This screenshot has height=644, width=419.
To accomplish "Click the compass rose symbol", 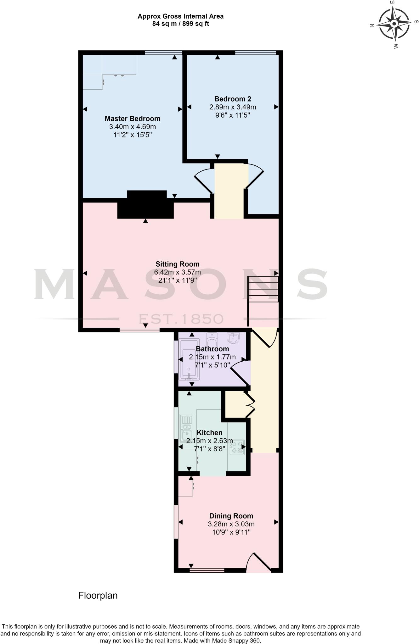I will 394,24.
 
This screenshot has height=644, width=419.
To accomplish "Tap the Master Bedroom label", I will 133,119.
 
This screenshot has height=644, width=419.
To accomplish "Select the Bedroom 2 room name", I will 233,99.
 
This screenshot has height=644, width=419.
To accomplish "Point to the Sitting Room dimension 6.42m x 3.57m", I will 178,272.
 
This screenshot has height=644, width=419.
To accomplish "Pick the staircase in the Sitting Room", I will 263,289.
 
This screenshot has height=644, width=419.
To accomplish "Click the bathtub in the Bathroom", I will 189,359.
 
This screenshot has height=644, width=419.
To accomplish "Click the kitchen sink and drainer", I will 187,428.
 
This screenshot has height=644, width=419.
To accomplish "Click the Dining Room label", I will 231,516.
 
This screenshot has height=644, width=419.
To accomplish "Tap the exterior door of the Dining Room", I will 259,563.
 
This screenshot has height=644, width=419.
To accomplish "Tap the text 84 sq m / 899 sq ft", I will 180,24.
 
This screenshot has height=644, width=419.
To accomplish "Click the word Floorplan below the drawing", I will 98,596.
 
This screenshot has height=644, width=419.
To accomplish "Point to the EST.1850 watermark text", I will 181,319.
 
